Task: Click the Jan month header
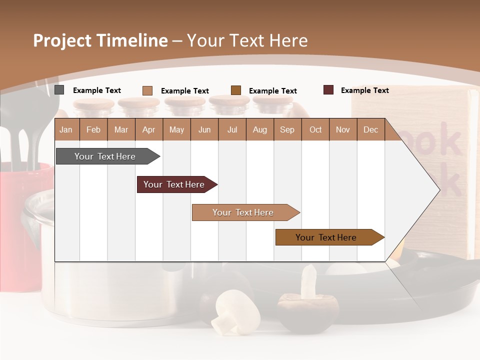(66, 129)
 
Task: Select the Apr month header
(149, 129)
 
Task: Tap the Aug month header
(260, 129)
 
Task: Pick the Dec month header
(370, 129)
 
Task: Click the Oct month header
(315, 129)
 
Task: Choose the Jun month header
(204, 129)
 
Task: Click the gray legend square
(59, 90)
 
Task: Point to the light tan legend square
(147, 90)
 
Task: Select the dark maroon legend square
(328, 90)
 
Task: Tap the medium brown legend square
(236, 90)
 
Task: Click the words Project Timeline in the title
(100, 40)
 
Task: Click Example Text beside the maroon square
(364, 90)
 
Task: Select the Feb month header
(93, 129)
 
